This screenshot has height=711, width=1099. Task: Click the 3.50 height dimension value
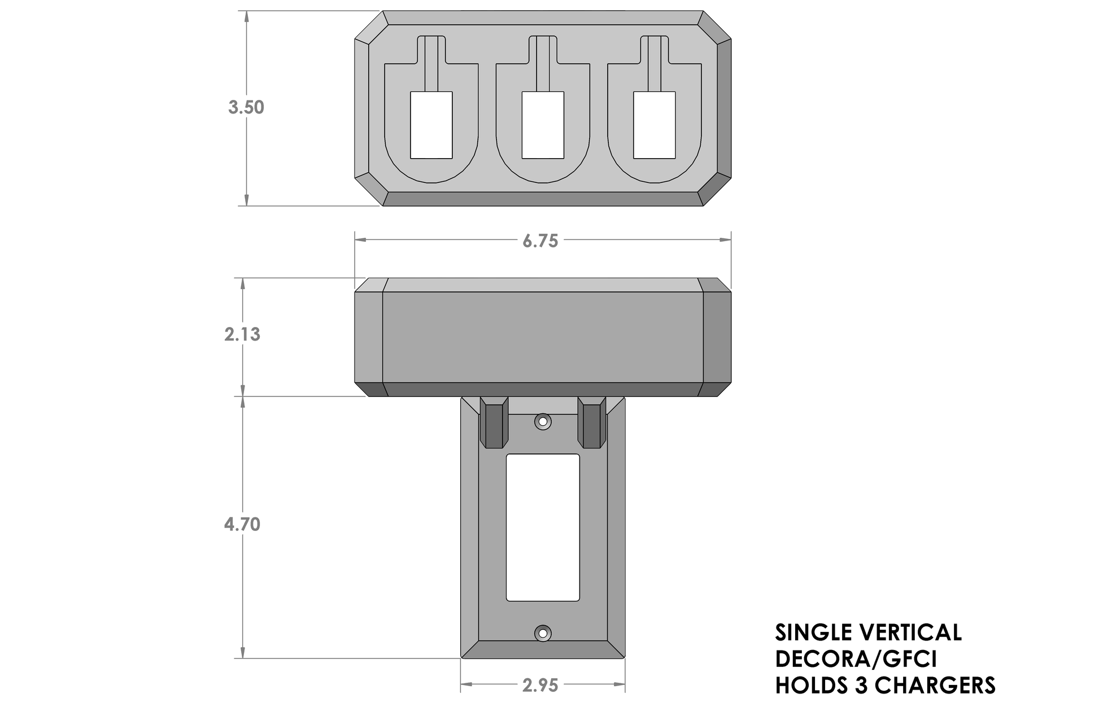click(x=246, y=107)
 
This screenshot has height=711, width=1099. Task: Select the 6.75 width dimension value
click(x=540, y=241)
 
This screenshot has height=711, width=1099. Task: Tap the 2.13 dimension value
click(x=242, y=334)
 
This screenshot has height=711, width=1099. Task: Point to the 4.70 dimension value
click(x=242, y=525)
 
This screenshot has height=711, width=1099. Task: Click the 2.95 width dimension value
click(x=540, y=686)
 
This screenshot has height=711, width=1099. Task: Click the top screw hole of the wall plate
click(x=543, y=421)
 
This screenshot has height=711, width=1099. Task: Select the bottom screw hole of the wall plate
click(x=543, y=633)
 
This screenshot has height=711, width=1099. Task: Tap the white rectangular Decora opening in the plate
click(x=543, y=527)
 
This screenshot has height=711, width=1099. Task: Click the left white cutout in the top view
click(x=431, y=125)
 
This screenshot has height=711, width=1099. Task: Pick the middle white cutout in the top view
click(x=543, y=125)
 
